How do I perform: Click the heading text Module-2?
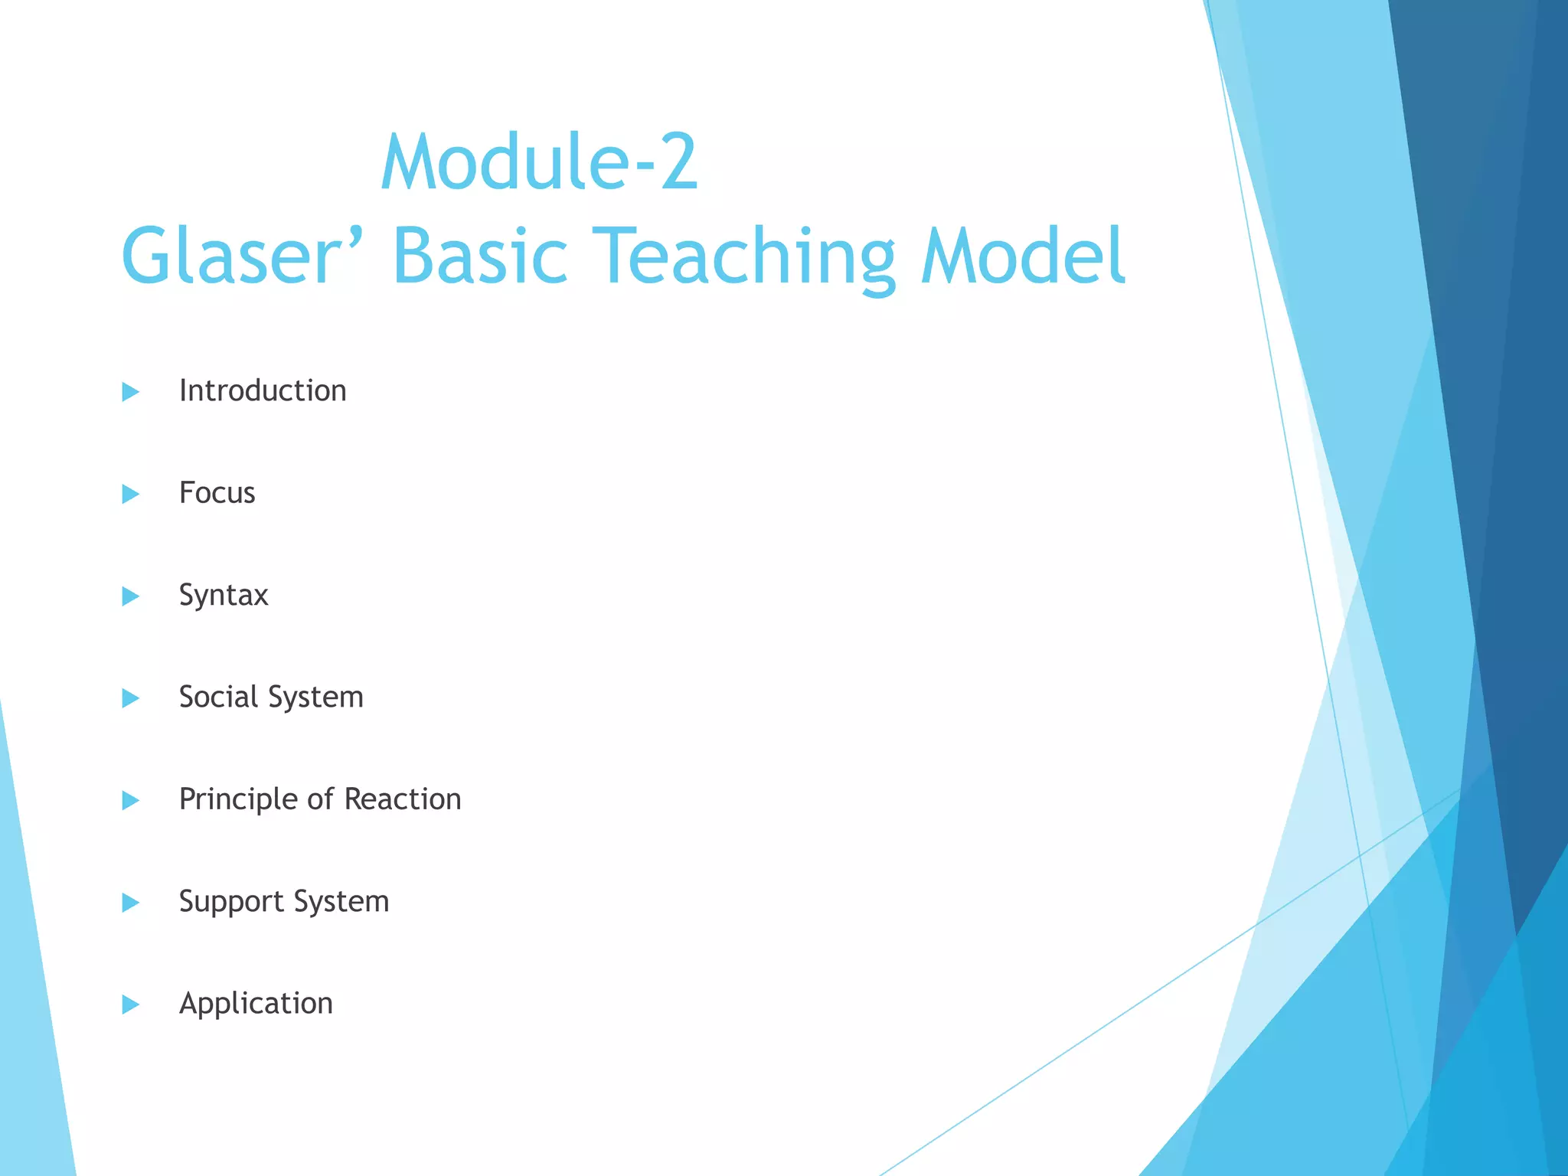pos(539,162)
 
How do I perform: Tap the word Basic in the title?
pos(480,256)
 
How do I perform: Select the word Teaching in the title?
pos(743,256)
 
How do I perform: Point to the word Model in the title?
pos(1023,256)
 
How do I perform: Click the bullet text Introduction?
pos(263,391)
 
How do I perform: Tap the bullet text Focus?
pos(217,493)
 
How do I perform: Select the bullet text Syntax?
pos(224,596)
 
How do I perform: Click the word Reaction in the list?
pos(403,799)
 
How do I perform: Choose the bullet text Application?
pos(256,1004)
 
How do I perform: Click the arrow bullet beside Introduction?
pos(131,392)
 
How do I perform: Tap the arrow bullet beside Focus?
pos(131,494)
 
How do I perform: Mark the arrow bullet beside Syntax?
pos(131,596)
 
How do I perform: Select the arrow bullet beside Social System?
pos(131,698)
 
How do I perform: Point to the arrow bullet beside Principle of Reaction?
pos(131,801)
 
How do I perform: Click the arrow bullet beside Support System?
pos(131,903)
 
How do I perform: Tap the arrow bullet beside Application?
pos(131,1004)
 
